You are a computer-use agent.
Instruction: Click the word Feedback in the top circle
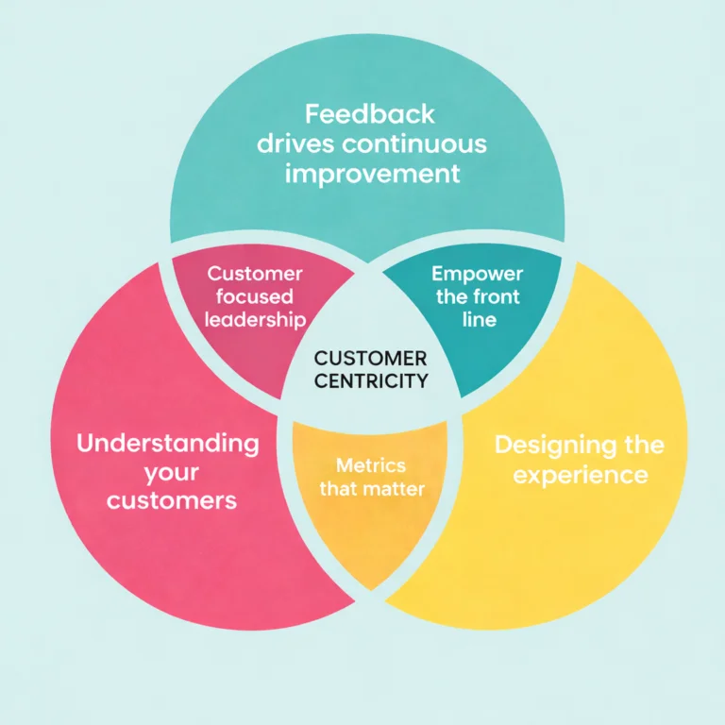(370, 114)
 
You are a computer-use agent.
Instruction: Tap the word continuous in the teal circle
(414, 143)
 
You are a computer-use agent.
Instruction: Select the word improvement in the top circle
(372, 175)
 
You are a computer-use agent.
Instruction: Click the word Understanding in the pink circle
(168, 444)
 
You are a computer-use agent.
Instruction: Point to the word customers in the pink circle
(172, 500)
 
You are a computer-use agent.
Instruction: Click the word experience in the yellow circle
(581, 476)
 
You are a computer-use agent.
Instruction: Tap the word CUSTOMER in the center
(370, 359)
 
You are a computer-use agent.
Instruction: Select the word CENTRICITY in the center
(371, 381)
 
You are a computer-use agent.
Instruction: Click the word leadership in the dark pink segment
(255, 320)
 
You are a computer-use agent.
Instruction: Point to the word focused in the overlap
(254, 296)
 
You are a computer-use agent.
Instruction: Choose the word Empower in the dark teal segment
(477, 275)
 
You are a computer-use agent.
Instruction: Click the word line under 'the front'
(480, 319)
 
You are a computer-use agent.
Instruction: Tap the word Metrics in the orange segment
(371, 465)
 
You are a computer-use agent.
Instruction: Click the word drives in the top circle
(295, 143)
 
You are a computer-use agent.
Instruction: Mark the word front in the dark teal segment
(498, 296)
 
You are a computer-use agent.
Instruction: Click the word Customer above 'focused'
(255, 274)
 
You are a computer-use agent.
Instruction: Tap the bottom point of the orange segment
(370, 590)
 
